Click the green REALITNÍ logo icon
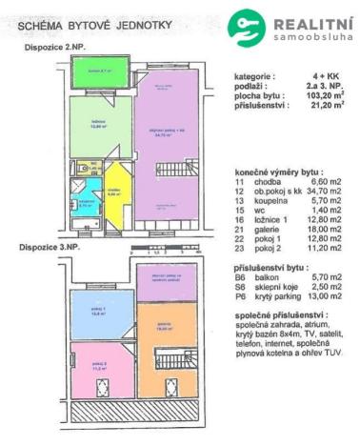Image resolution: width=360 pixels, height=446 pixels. tap(246, 26)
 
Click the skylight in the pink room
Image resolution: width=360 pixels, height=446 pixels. tap(101, 388)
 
